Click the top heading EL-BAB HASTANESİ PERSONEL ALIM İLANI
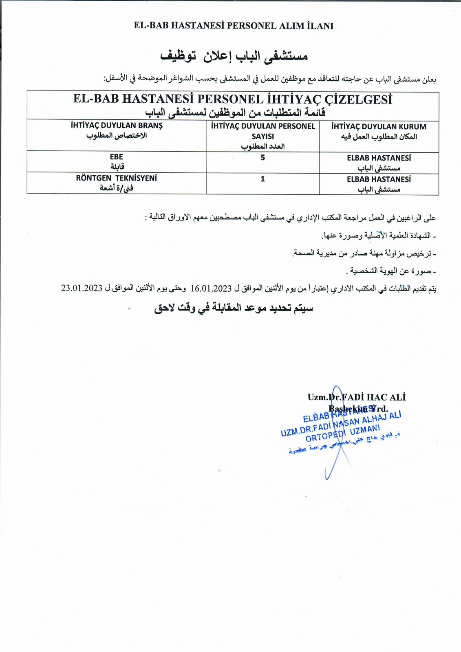(234, 26)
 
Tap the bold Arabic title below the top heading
(234, 56)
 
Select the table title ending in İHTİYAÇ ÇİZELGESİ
(233, 99)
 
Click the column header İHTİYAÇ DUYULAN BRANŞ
(117, 126)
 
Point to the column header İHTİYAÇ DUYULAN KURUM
(379, 127)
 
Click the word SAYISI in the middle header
(262, 137)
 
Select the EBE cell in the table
(116, 157)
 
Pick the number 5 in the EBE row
(262, 158)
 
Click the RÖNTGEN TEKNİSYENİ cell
(116, 178)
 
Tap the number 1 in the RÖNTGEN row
(262, 179)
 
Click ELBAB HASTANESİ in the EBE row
(379, 158)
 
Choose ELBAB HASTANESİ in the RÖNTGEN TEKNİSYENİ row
(379, 179)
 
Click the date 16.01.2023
(211, 289)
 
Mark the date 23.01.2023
(82, 288)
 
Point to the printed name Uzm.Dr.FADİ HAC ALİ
(357, 397)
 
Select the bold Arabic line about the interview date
(234, 308)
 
